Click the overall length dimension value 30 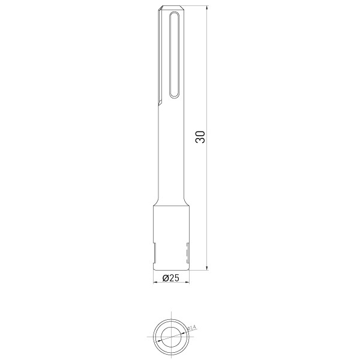200,137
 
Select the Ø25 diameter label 170,278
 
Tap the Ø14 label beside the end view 192,328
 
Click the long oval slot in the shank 174,55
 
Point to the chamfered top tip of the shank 172,8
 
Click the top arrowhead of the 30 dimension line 208,8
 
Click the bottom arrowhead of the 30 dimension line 208,268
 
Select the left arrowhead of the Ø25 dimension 155,282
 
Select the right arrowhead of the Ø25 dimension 187,282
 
